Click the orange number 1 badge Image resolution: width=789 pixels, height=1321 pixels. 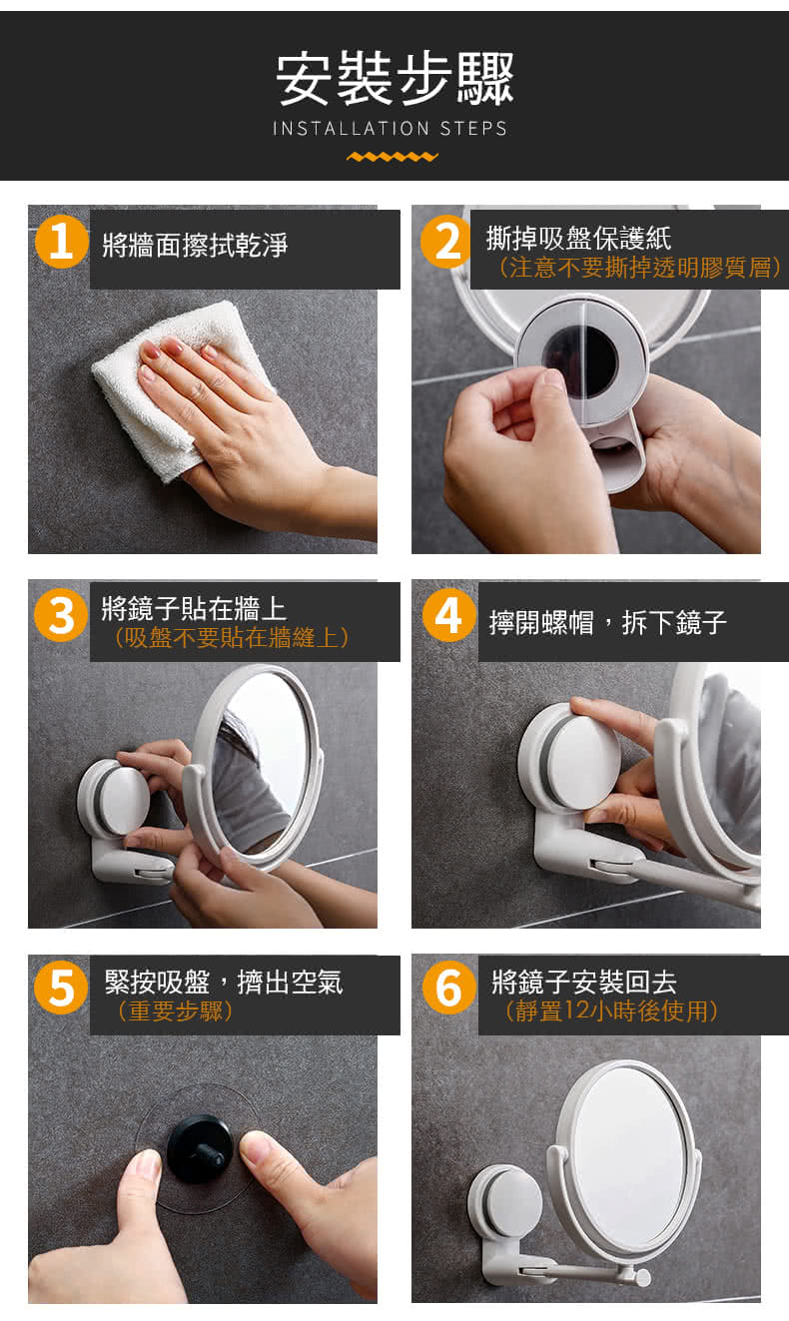coord(61,242)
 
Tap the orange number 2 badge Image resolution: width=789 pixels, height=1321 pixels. coord(447,242)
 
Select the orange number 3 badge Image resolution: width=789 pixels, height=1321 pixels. coord(61,615)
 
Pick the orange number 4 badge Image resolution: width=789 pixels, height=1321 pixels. coord(449,615)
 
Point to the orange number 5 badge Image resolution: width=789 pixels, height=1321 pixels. coord(61,988)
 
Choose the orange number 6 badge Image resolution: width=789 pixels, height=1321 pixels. coord(449,988)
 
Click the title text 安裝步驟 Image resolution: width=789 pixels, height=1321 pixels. coord(395,79)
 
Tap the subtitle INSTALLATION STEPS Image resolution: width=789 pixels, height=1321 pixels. coord(390,129)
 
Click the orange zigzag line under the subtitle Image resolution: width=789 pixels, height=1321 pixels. coord(393,157)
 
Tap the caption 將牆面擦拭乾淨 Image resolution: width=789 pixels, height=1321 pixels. coord(195,245)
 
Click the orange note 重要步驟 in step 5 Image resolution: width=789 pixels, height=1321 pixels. coord(176,1011)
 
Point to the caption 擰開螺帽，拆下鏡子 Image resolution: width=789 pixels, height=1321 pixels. coord(608,622)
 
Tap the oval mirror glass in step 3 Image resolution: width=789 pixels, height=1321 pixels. coord(263,764)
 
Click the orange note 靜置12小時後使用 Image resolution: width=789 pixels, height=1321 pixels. coord(611,1010)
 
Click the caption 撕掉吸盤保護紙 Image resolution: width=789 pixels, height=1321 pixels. coord(578,239)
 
